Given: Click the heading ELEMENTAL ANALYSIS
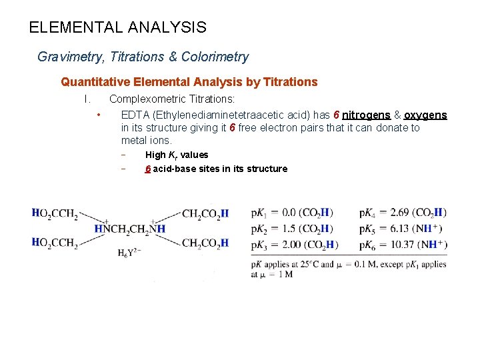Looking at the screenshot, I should click(x=118, y=28).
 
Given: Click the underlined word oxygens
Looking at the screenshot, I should click(x=425, y=115).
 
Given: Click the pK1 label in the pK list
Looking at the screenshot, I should click(x=259, y=213).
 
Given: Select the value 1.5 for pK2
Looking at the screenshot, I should click(x=290, y=229).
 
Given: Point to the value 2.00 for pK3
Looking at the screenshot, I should click(x=293, y=245).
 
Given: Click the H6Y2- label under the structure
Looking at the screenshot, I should click(x=129, y=253).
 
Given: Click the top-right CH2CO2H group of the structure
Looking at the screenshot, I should click(x=205, y=214).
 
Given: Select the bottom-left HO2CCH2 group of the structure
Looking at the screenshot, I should click(x=55, y=243).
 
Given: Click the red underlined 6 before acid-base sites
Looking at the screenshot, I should click(x=148, y=169).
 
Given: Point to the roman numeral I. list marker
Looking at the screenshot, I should click(x=87, y=99).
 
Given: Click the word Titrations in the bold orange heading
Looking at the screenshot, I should click(x=291, y=82).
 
